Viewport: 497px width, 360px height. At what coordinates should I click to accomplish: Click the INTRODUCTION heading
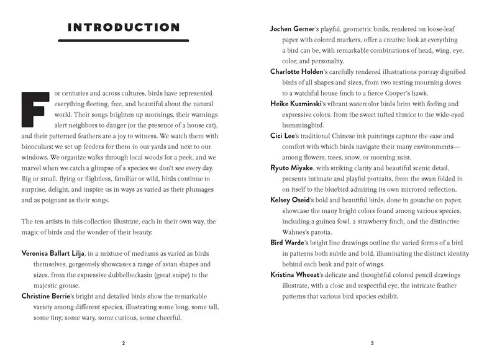point(124,27)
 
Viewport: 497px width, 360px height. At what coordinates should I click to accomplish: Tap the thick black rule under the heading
point(124,41)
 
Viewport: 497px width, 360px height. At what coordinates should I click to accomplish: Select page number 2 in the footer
point(123,343)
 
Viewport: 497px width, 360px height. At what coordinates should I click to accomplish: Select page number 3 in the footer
point(372,343)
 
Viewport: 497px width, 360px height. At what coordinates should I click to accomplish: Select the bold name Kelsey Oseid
point(293,200)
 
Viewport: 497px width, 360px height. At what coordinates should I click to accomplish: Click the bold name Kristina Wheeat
point(299,274)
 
